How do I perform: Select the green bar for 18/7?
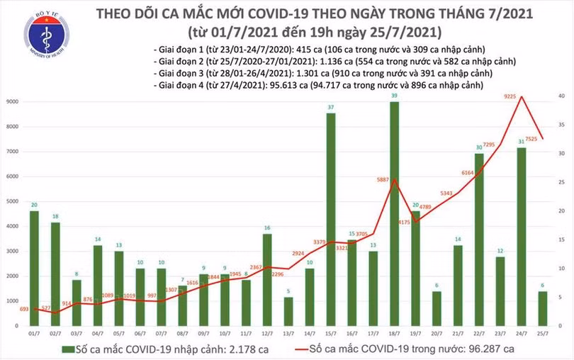[394, 213]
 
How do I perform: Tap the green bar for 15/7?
[331, 219]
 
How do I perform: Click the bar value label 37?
[331, 107]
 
